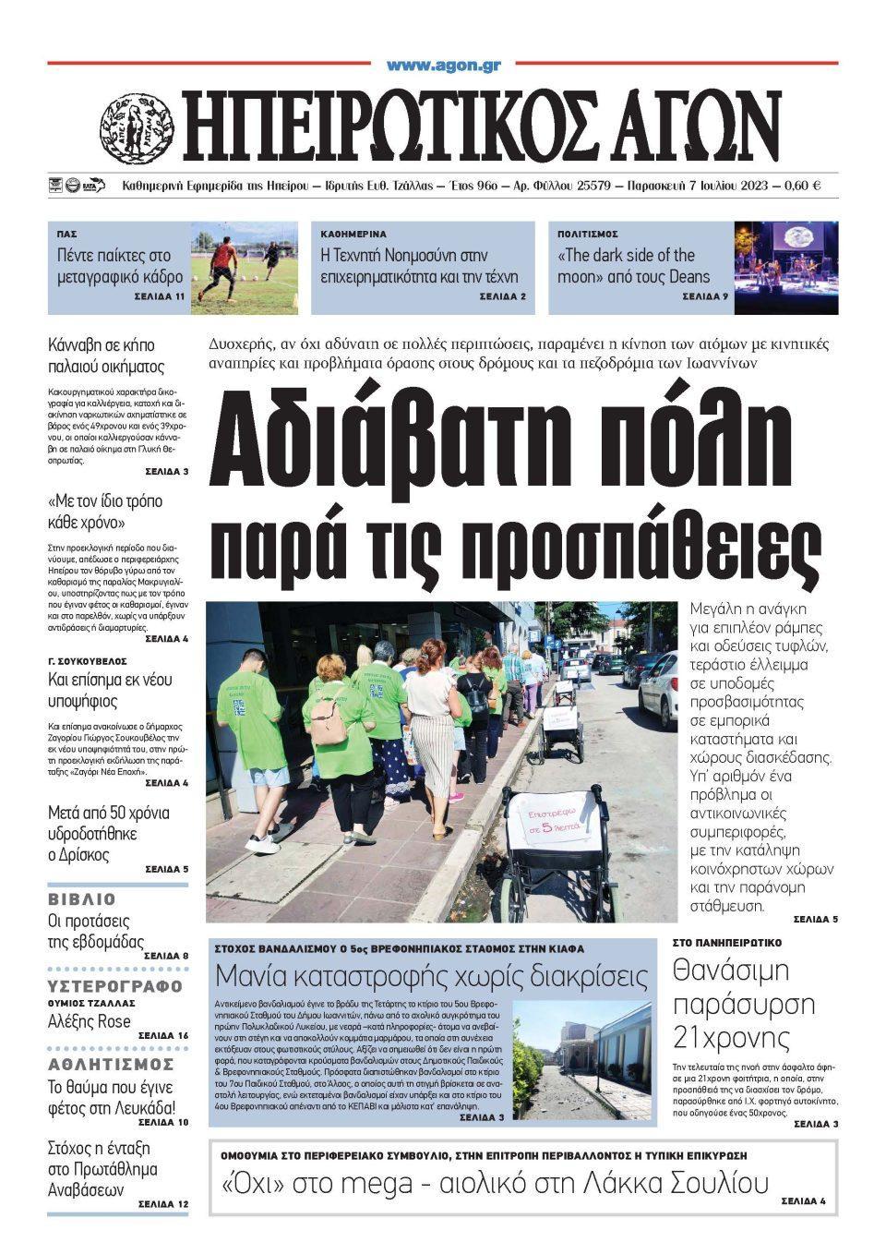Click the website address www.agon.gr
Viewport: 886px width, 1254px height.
coord(443,66)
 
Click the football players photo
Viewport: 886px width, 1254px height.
coord(245,268)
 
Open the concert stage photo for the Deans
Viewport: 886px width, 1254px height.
coord(785,268)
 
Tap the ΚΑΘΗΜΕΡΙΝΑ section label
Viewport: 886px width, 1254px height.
coord(353,235)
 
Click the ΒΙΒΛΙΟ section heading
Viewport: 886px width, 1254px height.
coord(82,898)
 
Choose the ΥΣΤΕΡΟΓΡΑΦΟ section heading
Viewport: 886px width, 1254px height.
coord(115,984)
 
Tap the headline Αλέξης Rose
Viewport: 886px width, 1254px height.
coord(90,1021)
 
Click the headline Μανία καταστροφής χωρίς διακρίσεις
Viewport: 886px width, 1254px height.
coord(431,975)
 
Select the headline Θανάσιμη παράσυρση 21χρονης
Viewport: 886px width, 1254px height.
coord(731,1004)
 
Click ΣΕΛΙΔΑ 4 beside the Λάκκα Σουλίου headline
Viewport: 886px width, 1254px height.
coord(802,1201)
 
